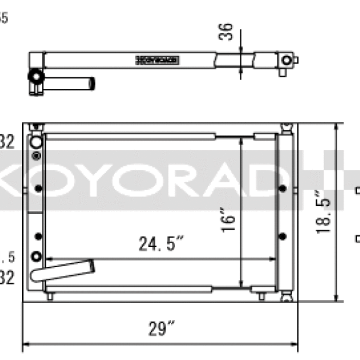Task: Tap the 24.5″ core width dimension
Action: [161, 244]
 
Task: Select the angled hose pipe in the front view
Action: [63, 270]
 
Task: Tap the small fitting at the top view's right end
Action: [288, 61]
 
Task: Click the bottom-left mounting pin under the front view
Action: [50, 296]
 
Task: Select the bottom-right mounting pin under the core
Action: [262, 296]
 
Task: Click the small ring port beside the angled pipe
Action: [37, 257]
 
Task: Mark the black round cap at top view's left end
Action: [35, 77]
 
